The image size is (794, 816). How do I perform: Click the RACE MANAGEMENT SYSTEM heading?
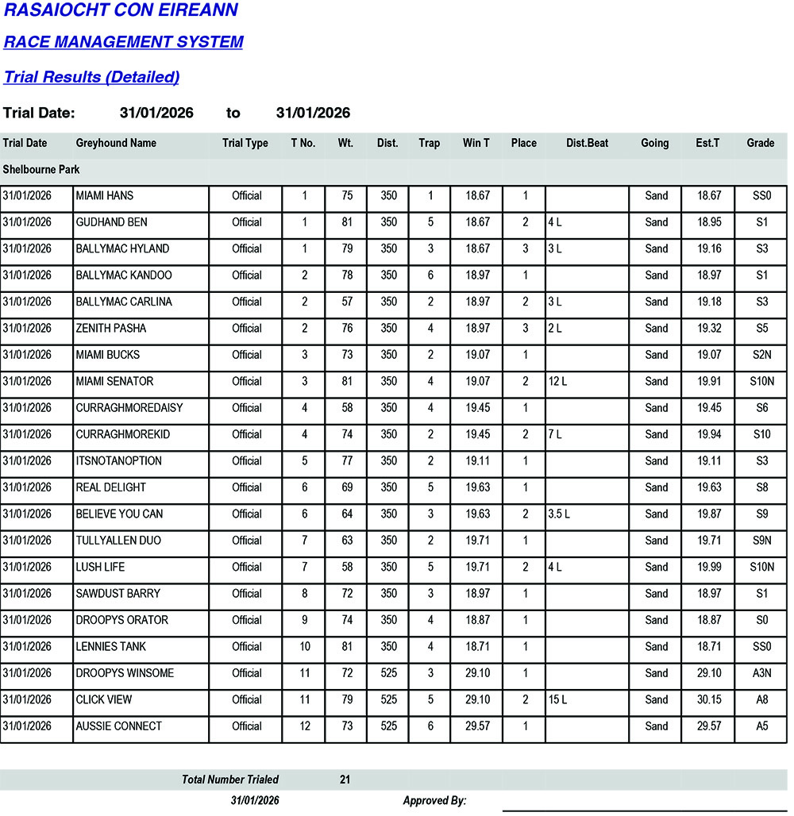coord(123,42)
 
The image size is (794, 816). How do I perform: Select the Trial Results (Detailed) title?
coord(91,77)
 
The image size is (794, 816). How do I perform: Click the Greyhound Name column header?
coord(116,144)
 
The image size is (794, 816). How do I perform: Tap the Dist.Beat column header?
coord(587,144)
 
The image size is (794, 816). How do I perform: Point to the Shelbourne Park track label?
coord(41,170)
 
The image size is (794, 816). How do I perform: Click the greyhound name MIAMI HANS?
coord(105,196)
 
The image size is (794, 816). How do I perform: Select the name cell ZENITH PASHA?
coord(111,329)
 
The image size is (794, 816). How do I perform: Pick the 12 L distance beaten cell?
coord(557,382)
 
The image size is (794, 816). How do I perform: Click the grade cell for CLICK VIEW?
coord(761,700)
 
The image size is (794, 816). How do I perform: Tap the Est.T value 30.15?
coord(708,700)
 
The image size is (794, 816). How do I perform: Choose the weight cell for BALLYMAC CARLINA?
coord(346,302)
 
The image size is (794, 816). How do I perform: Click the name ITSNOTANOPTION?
coord(118,461)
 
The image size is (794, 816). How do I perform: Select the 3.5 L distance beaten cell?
coord(559,514)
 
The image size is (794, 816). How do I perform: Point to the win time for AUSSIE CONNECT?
coord(476,726)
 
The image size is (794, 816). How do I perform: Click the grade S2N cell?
coord(761,355)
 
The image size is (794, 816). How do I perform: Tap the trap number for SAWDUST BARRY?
coord(430,594)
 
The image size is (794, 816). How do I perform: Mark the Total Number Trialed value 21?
coord(345,780)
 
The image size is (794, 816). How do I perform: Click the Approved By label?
coord(434,801)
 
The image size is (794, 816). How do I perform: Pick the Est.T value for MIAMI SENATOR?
coord(708,382)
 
